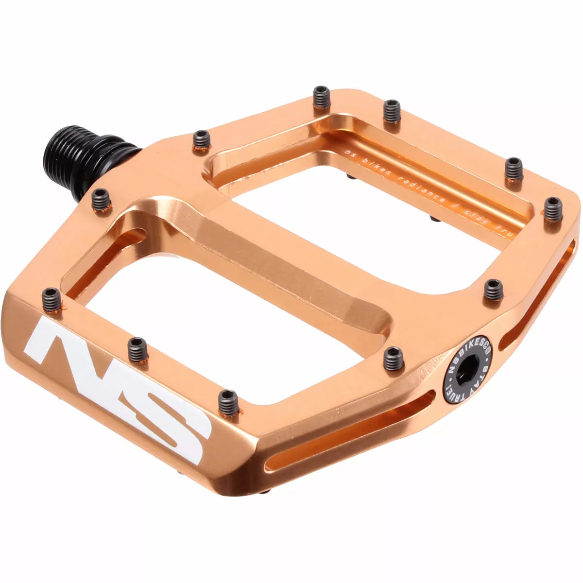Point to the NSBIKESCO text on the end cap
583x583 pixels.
point(462,352)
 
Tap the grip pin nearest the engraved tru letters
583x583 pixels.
point(552,209)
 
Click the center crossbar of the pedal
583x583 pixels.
point(272,262)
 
